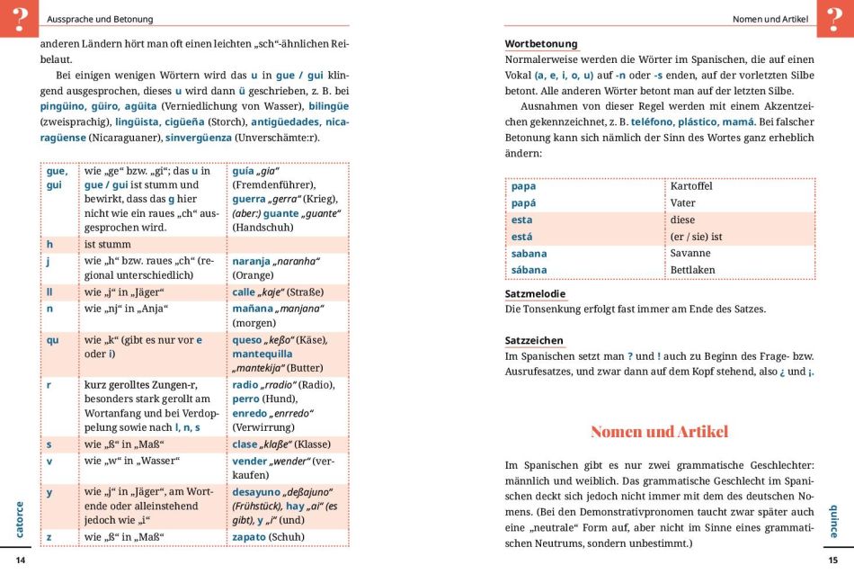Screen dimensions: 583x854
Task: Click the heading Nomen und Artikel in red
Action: coord(659,431)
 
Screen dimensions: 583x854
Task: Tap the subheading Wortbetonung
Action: coord(541,43)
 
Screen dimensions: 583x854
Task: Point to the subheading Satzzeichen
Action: coord(534,340)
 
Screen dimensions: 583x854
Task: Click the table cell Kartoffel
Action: coord(691,186)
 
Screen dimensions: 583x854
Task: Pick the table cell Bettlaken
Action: coord(691,270)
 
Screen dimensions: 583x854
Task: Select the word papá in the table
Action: coord(523,203)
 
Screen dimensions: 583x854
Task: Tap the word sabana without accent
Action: coord(529,254)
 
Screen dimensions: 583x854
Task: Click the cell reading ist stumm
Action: coord(108,244)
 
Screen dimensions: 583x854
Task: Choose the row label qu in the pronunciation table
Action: coord(52,340)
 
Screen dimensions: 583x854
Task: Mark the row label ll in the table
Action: coord(49,292)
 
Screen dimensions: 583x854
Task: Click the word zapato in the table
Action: coord(249,537)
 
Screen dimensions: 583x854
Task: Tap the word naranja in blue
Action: coord(252,261)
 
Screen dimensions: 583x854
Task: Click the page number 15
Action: coord(832,561)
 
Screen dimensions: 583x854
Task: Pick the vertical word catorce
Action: coord(20,519)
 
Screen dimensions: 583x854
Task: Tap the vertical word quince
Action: coord(832,520)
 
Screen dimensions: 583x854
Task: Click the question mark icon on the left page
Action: coord(19,18)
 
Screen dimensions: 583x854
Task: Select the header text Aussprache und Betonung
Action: coord(100,19)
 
